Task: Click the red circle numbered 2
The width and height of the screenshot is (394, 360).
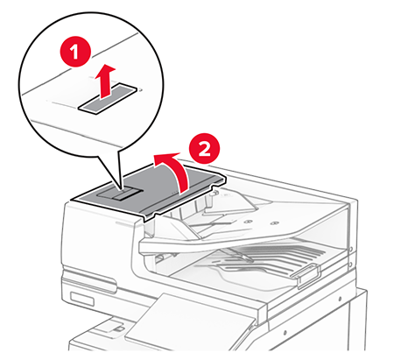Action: [x=202, y=150]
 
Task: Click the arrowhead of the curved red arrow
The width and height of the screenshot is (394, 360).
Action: [x=158, y=158]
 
